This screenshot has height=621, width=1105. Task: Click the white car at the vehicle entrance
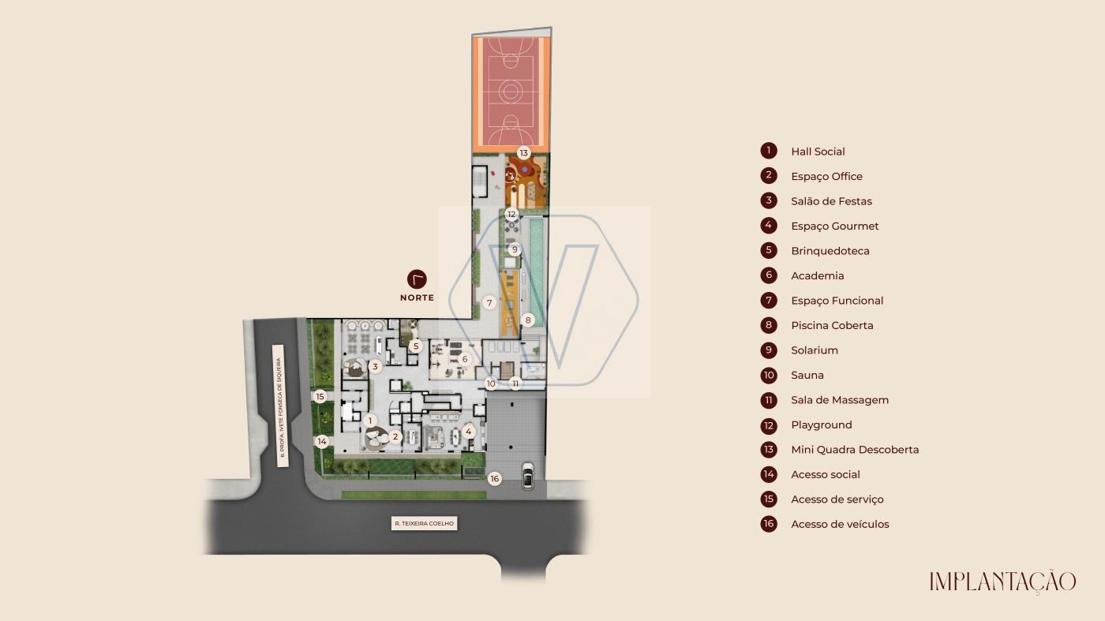pyautogui.click(x=527, y=476)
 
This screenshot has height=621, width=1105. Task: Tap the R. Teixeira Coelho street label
pyautogui.click(x=425, y=523)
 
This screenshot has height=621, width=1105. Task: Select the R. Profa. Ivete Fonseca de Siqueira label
pyautogui.click(x=279, y=406)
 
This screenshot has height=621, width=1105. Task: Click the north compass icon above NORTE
pyautogui.click(x=417, y=279)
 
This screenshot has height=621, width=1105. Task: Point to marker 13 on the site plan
pyautogui.click(x=523, y=153)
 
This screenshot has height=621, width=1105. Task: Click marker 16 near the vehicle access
pyautogui.click(x=494, y=478)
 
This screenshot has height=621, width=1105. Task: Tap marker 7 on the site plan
pyautogui.click(x=489, y=302)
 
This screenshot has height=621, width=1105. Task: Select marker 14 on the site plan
pyautogui.click(x=322, y=441)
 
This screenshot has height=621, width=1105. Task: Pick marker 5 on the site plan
pyautogui.click(x=416, y=346)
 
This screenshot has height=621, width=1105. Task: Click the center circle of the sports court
pyautogui.click(x=510, y=92)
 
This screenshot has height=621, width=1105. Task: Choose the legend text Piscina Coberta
pyautogui.click(x=832, y=326)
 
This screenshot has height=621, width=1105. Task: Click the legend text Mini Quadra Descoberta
pyautogui.click(x=855, y=450)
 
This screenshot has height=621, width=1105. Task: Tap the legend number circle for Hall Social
pyautogui.click(x=769, y=151)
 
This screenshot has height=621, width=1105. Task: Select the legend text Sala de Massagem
pyautogui.click(x=840, y=400)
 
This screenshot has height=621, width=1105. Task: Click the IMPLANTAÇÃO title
pyautogui.click(x=1002, y=582)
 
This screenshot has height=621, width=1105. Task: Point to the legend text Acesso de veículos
pyautogui.click(x=840, y=524)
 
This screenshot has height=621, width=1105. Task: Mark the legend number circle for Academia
pyautogui.click(x=769, y=275)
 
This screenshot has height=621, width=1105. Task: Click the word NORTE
pyautogui.click(x=417, y=298)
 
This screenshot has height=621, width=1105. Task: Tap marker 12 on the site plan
pyautogui.click(x=511, y=214)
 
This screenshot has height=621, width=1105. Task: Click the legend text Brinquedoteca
pyautogui.click(x=830, y=251)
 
